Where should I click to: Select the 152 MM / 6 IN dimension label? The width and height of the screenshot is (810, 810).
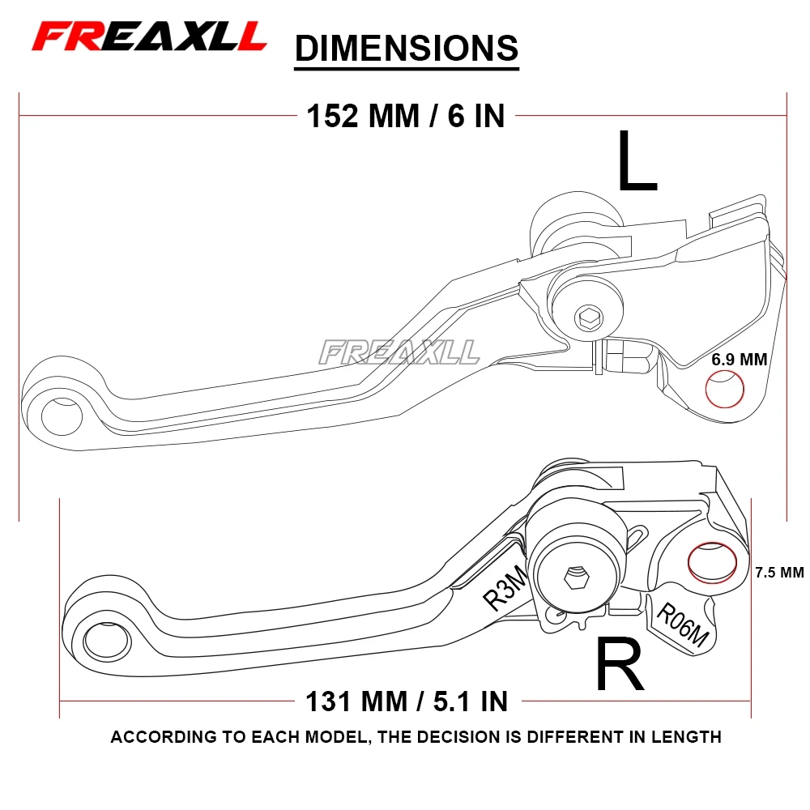pyautogui.click(x=405, y=117)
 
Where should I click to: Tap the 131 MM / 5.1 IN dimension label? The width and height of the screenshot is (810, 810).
pyautogui.click(x=406, y=701)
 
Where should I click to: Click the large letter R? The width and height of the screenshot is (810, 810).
pyautogui.click(x=620, y=665)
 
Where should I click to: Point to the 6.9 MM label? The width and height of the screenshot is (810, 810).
pyautogui.click(x=739, y=359)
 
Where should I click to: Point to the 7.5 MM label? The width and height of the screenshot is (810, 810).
pyautogui.click(x=778, y=573)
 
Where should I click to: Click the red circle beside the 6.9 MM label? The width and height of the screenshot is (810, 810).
pyautogui.click(x=725, y=390)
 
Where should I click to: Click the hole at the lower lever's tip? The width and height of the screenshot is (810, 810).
pyautogui.click(x=106, y=641)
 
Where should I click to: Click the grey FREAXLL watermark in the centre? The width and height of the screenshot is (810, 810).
pyautogui.click(x=399, y=352)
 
